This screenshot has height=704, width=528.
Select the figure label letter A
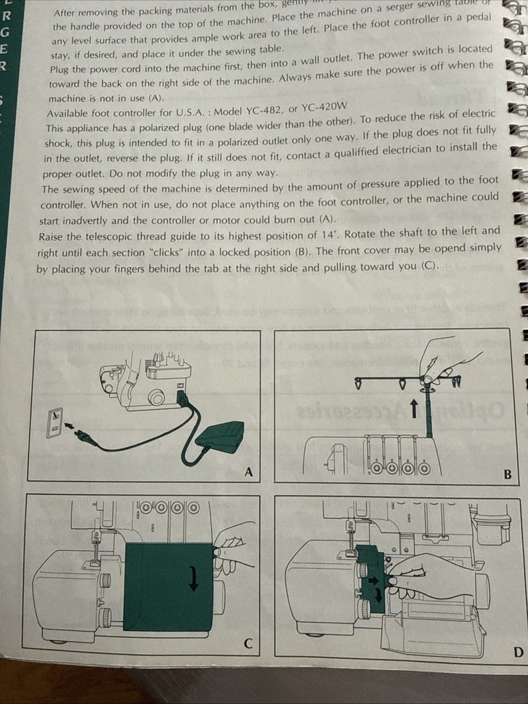pyautogui.click(x=248, y=472)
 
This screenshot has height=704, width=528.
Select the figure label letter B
pyautogui.click(x=508, y=474)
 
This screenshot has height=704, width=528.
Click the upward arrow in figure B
pyautogui.click(x=413, y=408)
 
